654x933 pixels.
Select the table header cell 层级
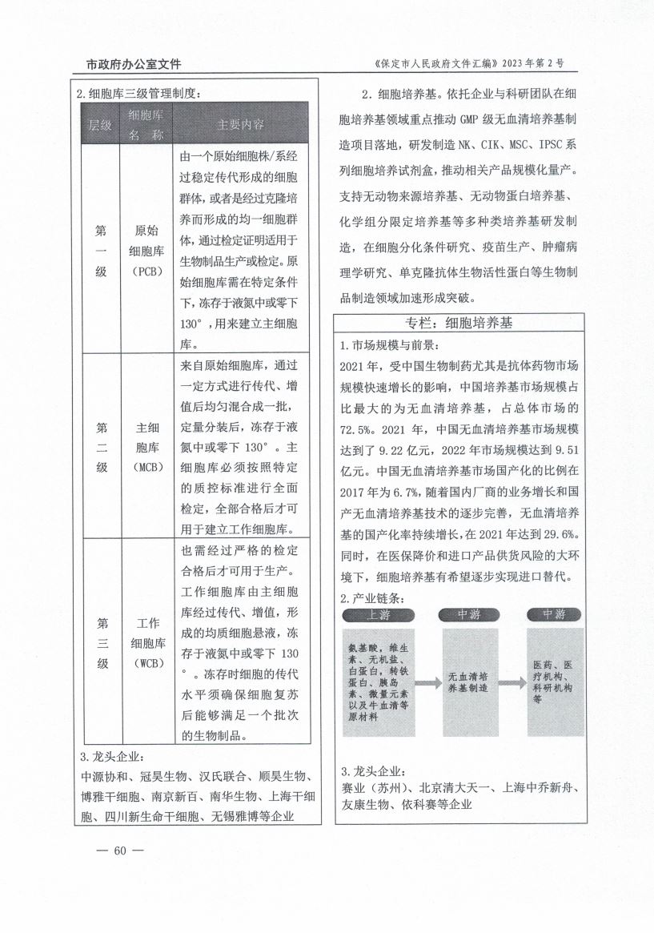[x=99, y=125]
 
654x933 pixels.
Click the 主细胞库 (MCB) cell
[x=147, y=446]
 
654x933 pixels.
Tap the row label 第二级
[x=101, y=446]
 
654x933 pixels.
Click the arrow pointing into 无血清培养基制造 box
[x=426, y=682]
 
